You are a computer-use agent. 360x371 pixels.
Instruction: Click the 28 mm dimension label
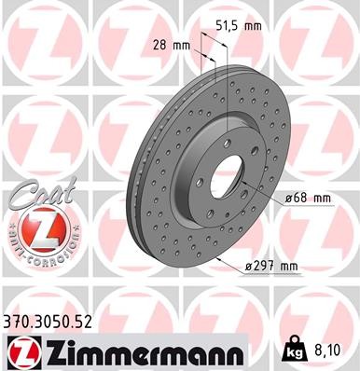point(174,44)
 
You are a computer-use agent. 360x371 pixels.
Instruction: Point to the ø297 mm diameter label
point(270,267)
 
